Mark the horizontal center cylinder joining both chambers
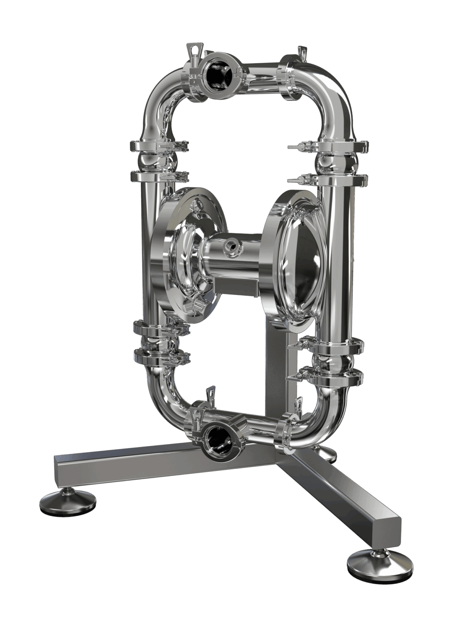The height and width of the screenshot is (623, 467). coord(235,260)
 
